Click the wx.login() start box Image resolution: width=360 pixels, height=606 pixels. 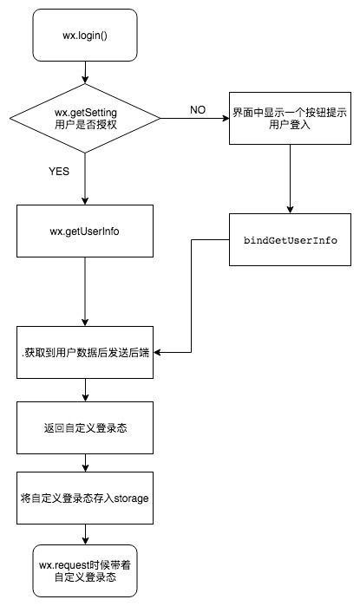[x=85, y=36]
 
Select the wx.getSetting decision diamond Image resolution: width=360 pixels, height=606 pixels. [x=85, y=118]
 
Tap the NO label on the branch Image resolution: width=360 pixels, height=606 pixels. [x=198, y=110]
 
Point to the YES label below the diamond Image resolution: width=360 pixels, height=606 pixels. [x=59, y=171]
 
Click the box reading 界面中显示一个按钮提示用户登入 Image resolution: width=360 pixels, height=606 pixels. [x=290, y=118]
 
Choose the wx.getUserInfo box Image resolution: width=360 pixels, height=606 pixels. [x=85, y=231]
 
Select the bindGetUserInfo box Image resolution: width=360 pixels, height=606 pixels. [x=290, y=239]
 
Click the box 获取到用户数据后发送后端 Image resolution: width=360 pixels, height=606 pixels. [x=85, y=353]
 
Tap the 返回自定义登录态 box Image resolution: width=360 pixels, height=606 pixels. [x=85, y=427]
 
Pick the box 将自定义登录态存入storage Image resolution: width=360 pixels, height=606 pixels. [x=85, y=498]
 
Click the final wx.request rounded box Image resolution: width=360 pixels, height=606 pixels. [x=85, y=570]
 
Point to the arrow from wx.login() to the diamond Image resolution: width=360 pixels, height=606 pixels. [x=85, y=73]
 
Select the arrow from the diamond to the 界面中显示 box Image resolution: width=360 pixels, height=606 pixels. [x=195, y=118]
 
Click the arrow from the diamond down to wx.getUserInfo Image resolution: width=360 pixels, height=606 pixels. [x=85, y=179]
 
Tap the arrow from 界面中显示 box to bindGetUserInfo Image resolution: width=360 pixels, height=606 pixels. [x=290, y=179]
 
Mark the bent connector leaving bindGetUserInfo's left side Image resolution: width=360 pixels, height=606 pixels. [x=192, y=296]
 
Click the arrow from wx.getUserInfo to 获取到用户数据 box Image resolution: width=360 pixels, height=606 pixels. [x=85, y=292]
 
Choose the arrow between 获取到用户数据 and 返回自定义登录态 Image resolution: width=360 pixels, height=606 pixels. [x=85, y=390]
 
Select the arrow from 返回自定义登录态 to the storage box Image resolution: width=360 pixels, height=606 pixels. [x=85, y=463]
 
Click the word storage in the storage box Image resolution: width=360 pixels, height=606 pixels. [x=131, y=498]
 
